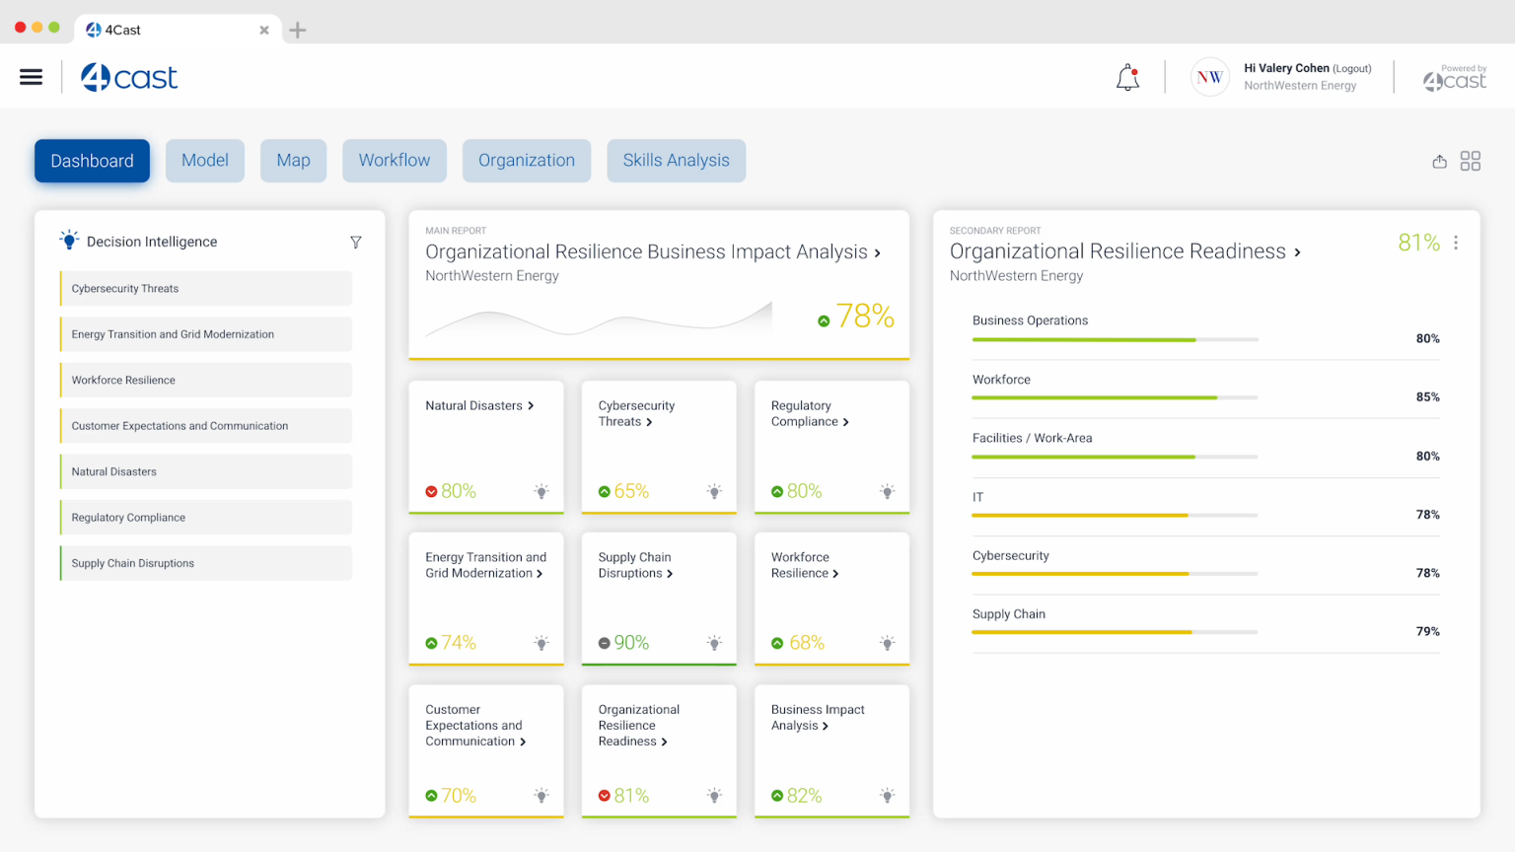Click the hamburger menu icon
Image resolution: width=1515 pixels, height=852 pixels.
tap(31, 77)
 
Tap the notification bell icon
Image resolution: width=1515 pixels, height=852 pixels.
tap(1127, 78)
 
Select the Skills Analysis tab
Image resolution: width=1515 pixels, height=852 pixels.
tap(676, 161)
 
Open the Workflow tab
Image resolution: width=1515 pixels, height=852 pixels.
tap(394, 161)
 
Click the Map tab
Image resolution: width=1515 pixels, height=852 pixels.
tap(293, 161)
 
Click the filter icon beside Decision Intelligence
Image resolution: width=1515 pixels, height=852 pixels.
tap(356, 243)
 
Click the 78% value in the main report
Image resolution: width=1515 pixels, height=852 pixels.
tap(865, 317)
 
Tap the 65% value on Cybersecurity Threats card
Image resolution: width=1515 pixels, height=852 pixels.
tap(631, 491)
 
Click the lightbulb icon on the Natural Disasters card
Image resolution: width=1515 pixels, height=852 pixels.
tap(541, 491)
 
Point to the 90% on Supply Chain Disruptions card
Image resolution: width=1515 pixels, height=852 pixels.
tap(631, 643)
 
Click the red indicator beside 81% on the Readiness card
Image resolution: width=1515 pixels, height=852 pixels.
tap(604, 796)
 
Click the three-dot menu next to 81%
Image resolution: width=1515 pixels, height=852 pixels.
tap(1456, 243)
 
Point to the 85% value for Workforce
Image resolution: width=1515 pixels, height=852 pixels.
tap(1427, 397)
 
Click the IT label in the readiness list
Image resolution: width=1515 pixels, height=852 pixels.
tap(977, 497)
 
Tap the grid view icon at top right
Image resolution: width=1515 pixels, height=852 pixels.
tap(1471, 161)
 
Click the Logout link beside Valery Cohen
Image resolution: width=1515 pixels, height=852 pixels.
tap(1352, 69)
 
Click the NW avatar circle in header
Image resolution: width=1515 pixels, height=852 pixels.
tap(1209, 77)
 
